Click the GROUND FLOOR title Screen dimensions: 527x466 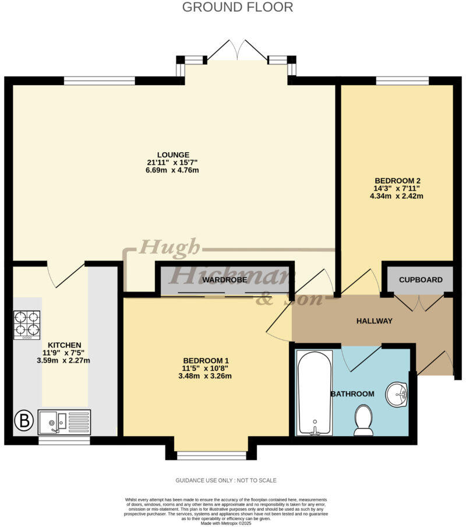(237, 8)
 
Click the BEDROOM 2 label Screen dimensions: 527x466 (396, 180)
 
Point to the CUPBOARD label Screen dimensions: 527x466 (421, 280)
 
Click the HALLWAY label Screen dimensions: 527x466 (375, 321)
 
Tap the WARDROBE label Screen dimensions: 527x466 (225, 280)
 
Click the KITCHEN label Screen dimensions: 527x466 (65, 345)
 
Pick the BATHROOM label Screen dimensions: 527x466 (352, 394)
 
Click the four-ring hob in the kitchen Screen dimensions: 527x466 (27, 325)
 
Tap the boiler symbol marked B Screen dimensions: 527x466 (23, 421)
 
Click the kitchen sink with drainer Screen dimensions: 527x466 (65, 421)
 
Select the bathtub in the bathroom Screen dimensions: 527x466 (315, 393)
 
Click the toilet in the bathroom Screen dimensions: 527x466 (363, 421)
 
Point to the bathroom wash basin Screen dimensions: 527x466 (398, 395)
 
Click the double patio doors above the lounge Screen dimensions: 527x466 (237, 50)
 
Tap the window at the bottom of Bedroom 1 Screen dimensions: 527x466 (211, 455)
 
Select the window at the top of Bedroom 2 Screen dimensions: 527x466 (402, 81)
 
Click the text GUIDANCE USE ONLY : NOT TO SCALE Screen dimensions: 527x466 (226, 480)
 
